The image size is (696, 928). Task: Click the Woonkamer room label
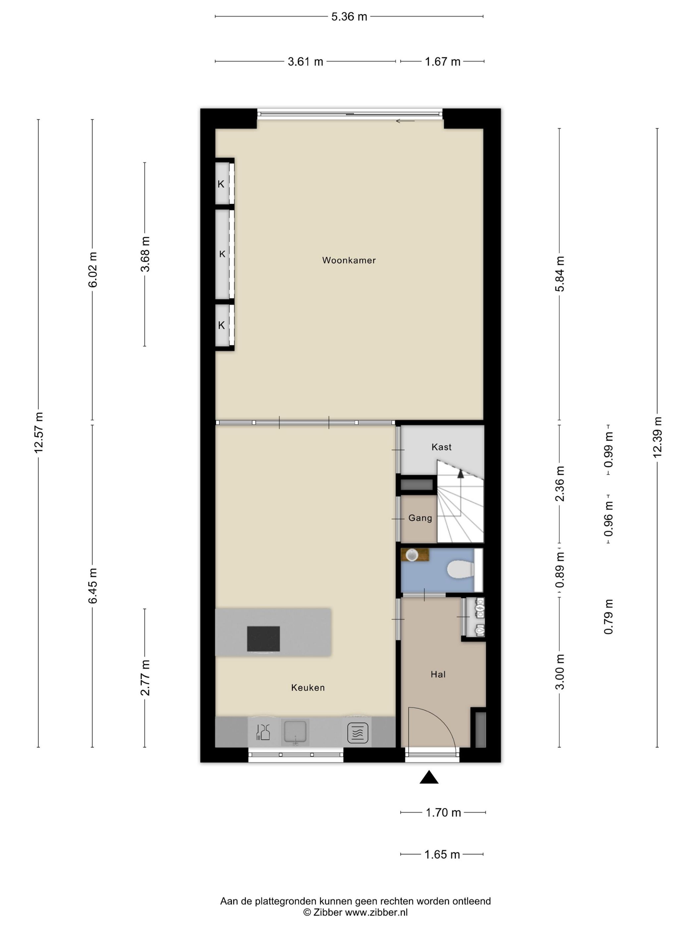coord(349,260)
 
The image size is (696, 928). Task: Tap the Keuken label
coord(308,688)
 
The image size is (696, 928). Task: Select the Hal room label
coord(438,674)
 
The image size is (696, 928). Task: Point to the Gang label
coord(420,518)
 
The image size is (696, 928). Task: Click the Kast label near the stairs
coord(441,447)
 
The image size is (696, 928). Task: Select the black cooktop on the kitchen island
coord(263,639)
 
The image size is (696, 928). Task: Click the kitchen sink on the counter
coord(295,732)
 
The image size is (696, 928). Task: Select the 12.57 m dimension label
coord(38,433)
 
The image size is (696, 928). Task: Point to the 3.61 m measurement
coord(306,62)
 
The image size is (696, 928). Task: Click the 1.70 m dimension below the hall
coord(443,813)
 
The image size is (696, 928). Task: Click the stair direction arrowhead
coord(461,474)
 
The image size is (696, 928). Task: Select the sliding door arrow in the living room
coord(405,121)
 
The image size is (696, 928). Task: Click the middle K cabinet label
coord(222,254)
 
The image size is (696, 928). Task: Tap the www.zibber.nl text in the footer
coord(376,912)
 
